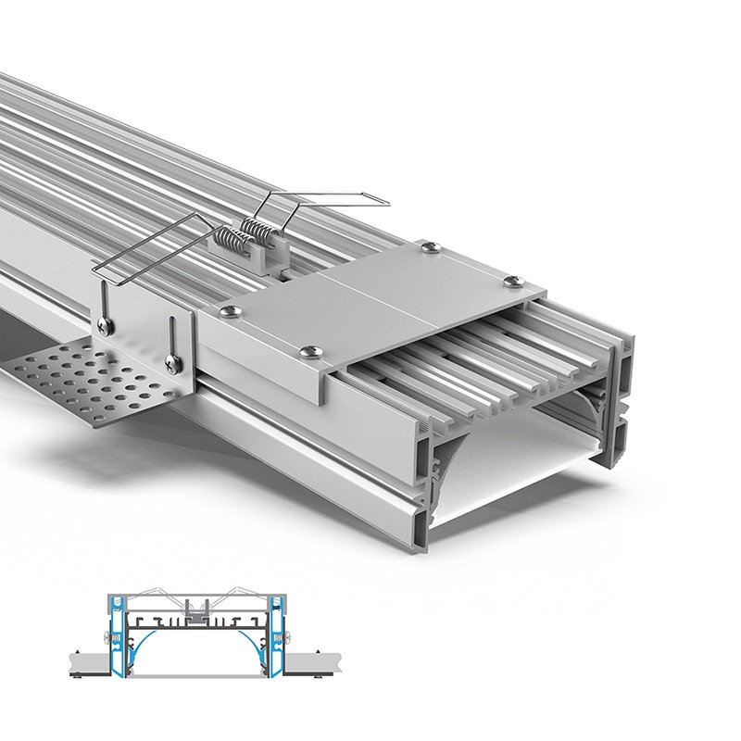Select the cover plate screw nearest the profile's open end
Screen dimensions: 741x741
coord(510,278)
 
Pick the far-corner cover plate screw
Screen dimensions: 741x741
coord(428,245)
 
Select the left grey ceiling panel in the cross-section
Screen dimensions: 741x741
coord(83,664)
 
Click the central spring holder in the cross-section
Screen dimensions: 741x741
coord(197,609)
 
